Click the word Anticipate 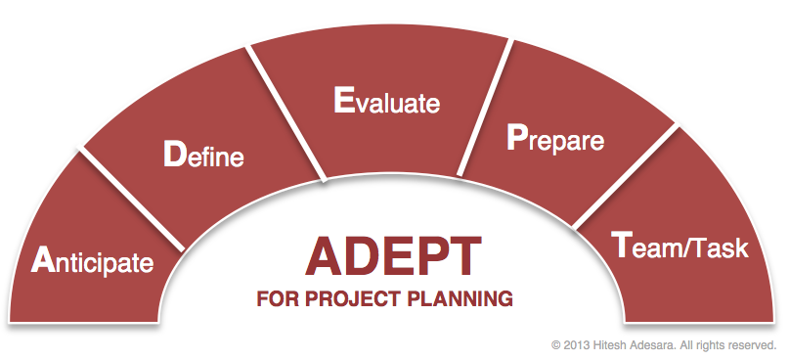point(92,260)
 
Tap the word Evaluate point(386,100)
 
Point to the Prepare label point(555,138)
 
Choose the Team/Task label point(679,245)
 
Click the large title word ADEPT point(393,256)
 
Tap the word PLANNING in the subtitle point(460,298)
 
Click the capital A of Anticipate point(43,260)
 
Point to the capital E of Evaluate point(344,100)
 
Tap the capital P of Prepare point(517,136)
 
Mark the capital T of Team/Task point(622,245)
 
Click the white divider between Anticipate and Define point(131,200)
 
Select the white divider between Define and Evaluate point(286,113)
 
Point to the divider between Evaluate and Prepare point(485,108)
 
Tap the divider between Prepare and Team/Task point(626,176)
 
